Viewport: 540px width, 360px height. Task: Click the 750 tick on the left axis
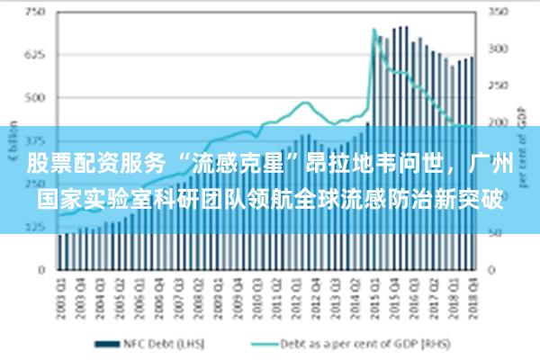pos(35,13)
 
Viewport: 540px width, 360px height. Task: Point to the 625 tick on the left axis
pos(35,55)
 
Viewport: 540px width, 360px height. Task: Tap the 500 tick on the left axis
pos(35,97)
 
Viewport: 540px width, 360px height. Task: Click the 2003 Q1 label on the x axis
pos(61,293)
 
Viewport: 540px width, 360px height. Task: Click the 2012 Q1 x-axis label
pos(296,293)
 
